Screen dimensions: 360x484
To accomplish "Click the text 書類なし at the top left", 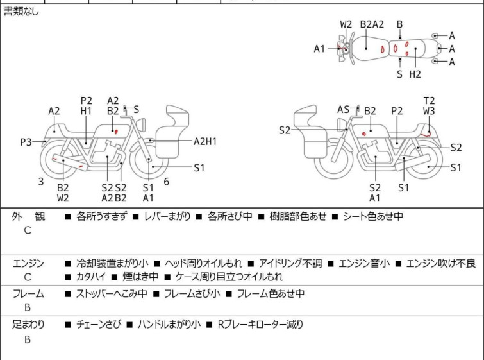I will (x=21, y=12).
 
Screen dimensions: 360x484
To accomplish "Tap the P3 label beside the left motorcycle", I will (x=26, y=142).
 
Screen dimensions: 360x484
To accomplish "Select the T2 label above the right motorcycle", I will (x=429, y=101).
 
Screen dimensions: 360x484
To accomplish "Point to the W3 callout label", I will (x=429, y=111).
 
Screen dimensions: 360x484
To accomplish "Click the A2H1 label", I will (x=205, y=141).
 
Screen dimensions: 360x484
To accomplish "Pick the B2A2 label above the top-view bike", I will (x=372, y=24).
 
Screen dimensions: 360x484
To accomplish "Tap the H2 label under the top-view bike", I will (x=415, y=74).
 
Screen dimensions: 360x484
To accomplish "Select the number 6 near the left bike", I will (x=166, y=181).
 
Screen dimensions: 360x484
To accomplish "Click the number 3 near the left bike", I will (x=41, y=181).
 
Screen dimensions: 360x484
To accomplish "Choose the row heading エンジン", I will (x=28, y=263).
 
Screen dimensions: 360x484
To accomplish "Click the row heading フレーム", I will (x=28, y=294).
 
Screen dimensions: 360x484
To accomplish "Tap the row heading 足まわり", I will (x=28, y=325).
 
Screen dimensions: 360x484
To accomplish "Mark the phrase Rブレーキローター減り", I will (x=260, y=325).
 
